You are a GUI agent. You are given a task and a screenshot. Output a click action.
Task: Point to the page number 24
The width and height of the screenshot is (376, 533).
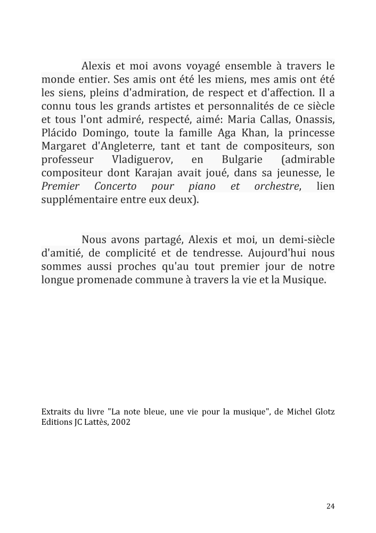(330, 506)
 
